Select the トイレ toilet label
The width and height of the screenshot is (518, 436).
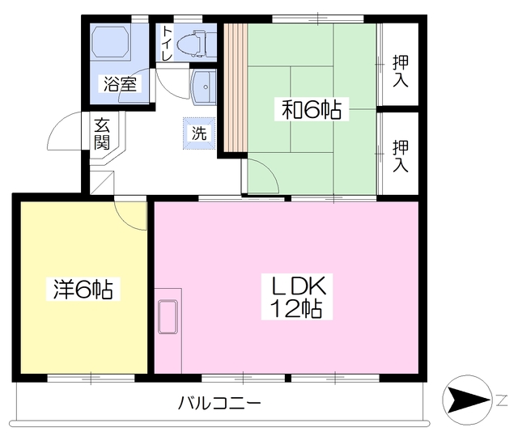pyautogui.click(x=167, y=44)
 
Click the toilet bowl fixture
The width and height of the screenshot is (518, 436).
pyautogui.click(x=193, y=42)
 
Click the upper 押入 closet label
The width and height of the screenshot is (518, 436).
pyautogui.click(x=400, y=70)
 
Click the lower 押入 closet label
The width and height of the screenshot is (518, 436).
pyautogui.click(x=400, y=156)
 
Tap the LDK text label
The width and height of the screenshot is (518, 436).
pyautogui.click(x=297, y=286)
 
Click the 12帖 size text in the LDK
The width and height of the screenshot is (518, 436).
pyautogui.click(x=297, y=308)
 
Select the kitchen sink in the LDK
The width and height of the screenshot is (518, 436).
pyautogui.click(x=168, y=315)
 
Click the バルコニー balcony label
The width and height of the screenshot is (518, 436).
pyautogui.click(x=219, y=402)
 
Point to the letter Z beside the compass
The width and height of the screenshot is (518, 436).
pyautogui.click(x=502, y=400)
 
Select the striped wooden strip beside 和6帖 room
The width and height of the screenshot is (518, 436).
pyautogui.click(x=235, y=87)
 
